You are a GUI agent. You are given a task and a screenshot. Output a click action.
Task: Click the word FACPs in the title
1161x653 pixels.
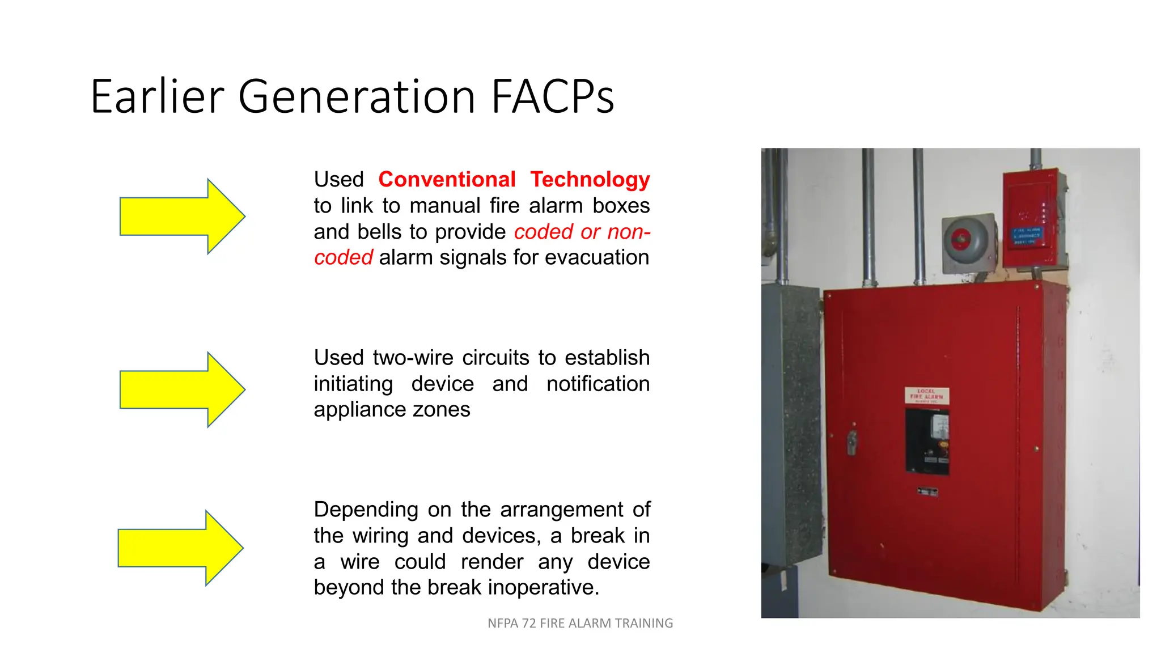pyautogui.click(x=552, y=97)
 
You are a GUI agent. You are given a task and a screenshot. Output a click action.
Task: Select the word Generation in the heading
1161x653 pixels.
pyautogui.click(x=357, y=97)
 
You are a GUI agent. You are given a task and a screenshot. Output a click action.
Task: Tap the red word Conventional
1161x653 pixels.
pyautogui.click(x=447, y=180)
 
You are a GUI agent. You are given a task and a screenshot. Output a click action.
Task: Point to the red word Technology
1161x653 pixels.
pyautogui.click(x=590, y=180)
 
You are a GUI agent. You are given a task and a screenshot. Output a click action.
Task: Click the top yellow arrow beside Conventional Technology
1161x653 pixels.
pyautogui.click(x=181, y=217)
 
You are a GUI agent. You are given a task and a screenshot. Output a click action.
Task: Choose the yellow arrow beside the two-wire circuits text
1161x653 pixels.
pyautogui.click(x=181, y=389)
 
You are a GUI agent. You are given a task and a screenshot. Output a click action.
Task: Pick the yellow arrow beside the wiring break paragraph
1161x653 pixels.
pyautogui.click(x=180, y=548)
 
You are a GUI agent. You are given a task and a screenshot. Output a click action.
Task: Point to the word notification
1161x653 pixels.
pyautogui.click(x=598, y=384)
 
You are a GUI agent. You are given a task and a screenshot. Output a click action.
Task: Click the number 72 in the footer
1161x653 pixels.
pyautogui.click(x=528, y=624)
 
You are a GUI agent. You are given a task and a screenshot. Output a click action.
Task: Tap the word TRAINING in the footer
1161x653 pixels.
pyautogui.click(x=644, y=624)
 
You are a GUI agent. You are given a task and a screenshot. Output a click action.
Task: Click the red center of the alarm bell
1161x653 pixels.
pyautogui.click(x=960, y=239)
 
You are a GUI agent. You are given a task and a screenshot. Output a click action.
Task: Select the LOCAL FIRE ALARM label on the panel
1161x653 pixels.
pyautogui.click(x=926, y=395)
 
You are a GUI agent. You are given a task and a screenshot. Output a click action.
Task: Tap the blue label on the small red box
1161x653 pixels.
pyautogui.click(x=1027, y=236)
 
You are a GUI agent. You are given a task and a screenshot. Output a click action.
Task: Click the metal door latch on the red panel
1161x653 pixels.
pyautogui.click(x=851, y=442)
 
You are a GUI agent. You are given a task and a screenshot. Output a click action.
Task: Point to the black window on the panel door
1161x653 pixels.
pyautogui.click(x=927, y=441)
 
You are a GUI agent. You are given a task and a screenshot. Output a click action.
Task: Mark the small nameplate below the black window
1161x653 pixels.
pyautogui.click(x=927, y=491)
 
